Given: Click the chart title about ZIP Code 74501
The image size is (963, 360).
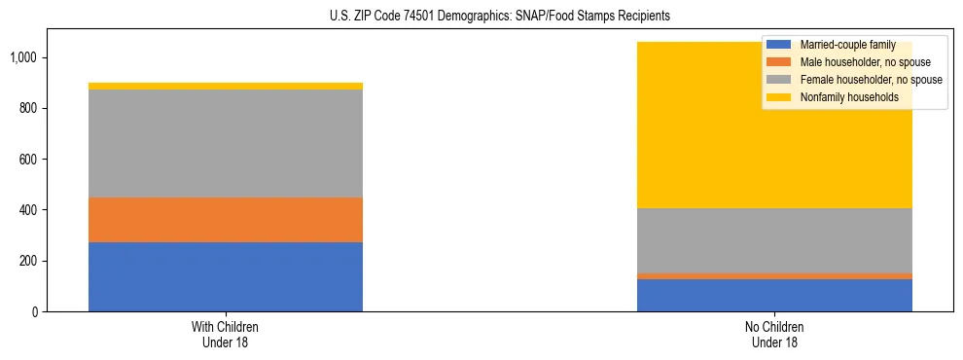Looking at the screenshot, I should (x=481, y=17).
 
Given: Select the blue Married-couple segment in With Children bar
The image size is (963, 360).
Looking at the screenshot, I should (x=226, y=277).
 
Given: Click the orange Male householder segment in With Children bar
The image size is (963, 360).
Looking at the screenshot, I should (x=226, y=220).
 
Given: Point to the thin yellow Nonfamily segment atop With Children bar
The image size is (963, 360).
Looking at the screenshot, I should (x=226, y=87).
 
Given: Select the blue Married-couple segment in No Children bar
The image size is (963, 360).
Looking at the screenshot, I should (x=774, y=296).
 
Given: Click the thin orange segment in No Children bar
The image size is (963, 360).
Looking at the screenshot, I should (x=774, y=276).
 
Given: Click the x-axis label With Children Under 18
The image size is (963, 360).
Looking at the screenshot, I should (x=226, y=335).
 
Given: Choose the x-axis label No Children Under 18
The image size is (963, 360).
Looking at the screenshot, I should (x=774, y=335).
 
